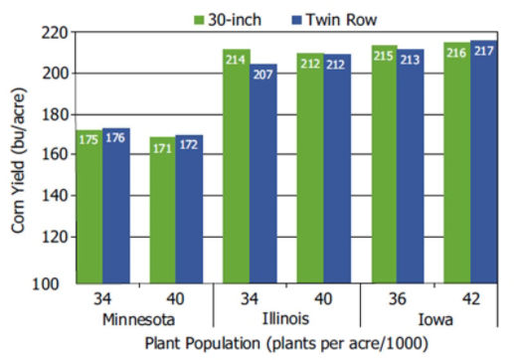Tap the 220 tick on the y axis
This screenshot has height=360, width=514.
coord(54,32)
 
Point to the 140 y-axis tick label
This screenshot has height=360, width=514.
coord(54,196)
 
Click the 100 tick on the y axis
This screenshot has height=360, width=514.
coord(54,283)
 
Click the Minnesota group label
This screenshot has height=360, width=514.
coord(139,319)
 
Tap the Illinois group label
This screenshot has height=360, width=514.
coord(286,319)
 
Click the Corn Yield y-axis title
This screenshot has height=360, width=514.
coord(19,158)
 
